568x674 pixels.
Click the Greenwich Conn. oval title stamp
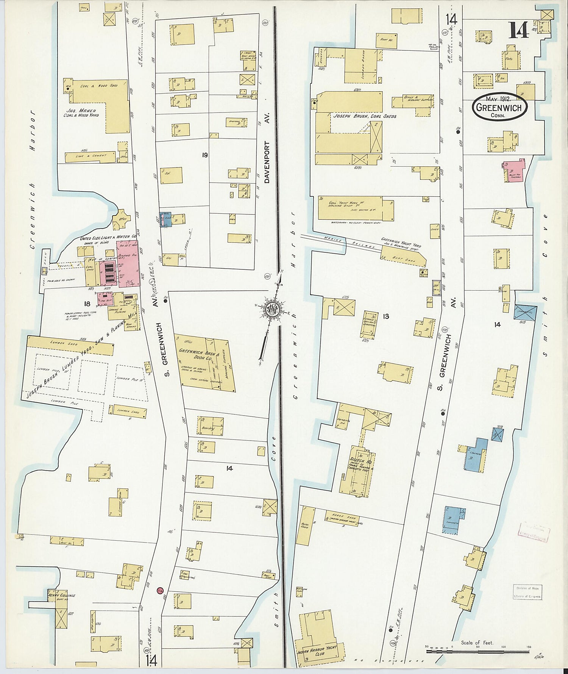[x=499, y=107]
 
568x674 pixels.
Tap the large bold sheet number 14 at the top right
[x=518, y=30]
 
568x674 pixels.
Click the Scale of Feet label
[x=477, y=643]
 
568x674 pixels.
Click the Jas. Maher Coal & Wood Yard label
[x=81, y=113]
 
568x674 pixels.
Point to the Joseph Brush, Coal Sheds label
[x=364, y=116]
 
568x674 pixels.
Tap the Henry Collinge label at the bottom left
[x=61, y=595]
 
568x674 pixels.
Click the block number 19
[x=204, y=155]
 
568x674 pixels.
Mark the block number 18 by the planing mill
[x=87, y=303]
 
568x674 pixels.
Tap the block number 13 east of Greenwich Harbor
[x=385, y=316]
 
